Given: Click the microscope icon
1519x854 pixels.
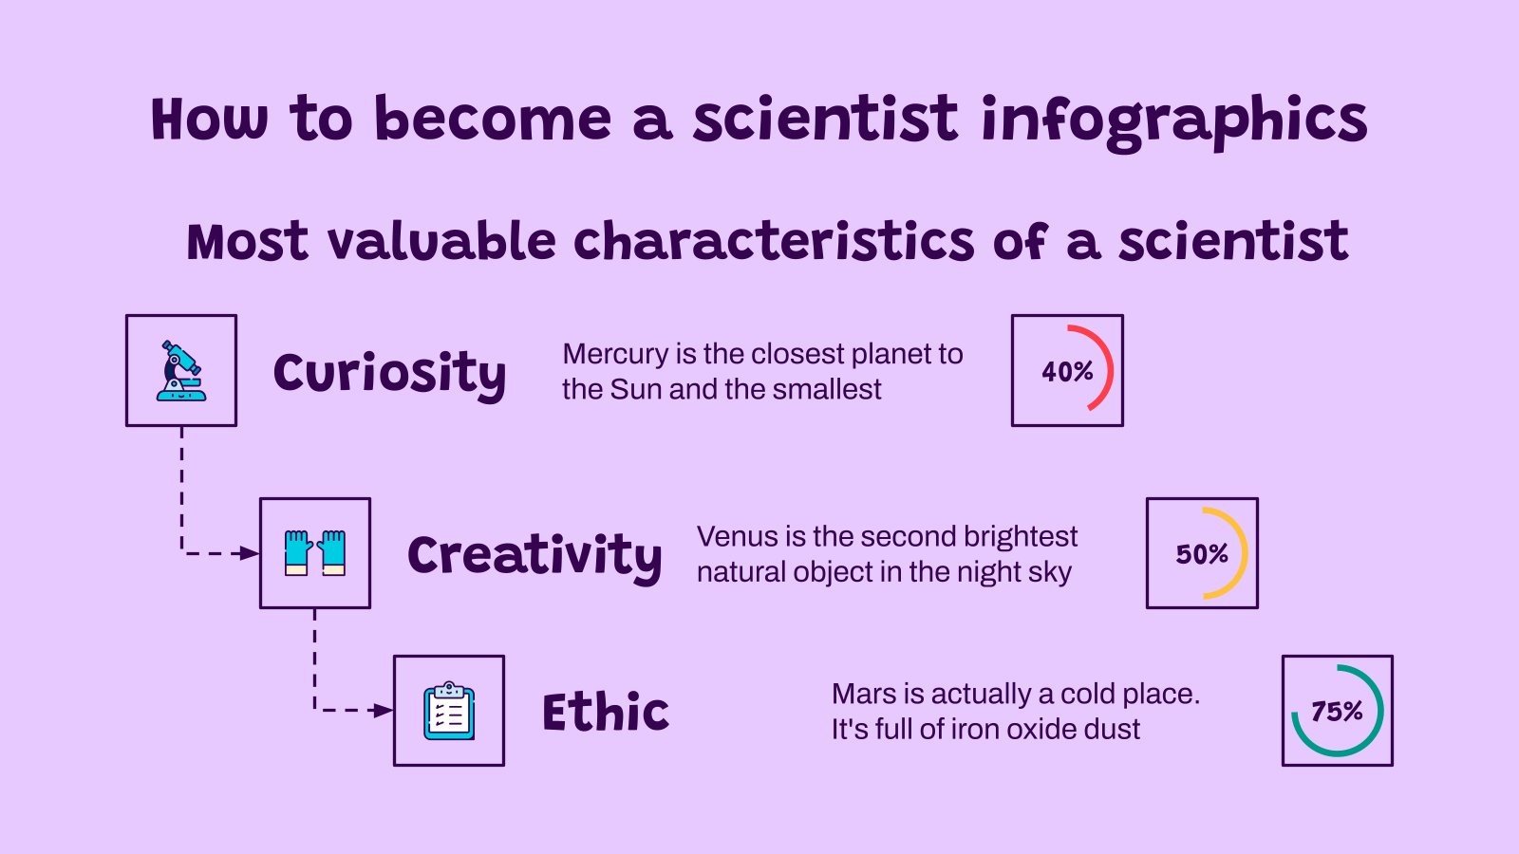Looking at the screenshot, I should tap(181, 371).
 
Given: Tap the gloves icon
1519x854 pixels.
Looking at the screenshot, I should tap(315, 553).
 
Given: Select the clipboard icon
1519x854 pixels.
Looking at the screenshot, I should tap(449, 711).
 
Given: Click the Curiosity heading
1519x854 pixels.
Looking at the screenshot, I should tap(389, 373).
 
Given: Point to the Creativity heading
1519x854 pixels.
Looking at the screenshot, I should tap(534, 556).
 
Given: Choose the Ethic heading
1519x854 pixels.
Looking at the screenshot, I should tap(606, 713).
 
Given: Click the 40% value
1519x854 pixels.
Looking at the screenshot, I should tap(1067, 372).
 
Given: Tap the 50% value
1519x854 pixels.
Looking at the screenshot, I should tap(1202, 554).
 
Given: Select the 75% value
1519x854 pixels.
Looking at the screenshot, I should tap(1337, 712).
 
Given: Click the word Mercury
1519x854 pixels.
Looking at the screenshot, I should tap(615, 354).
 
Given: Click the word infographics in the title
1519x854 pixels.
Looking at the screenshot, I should tap(1173, 121).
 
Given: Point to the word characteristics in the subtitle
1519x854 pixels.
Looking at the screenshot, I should tap(774, 242).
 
